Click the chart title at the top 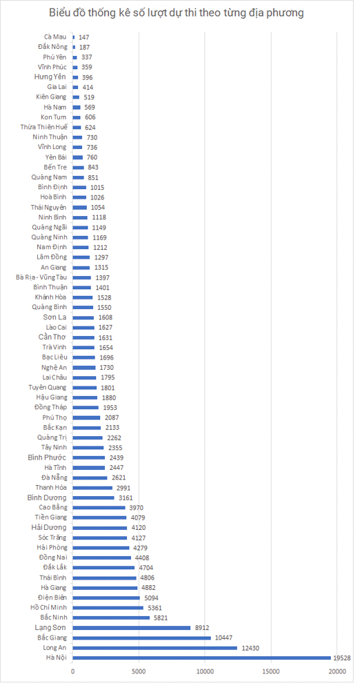(176, 13)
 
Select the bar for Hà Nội (201, 658)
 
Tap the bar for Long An (155, 648)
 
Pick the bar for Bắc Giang (141, 638)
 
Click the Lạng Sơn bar (132, 627)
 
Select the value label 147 (83, 37)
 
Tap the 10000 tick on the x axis (205, 671)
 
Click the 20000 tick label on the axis (337, 671)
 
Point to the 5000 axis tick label (139, 671)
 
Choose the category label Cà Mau (55, 37)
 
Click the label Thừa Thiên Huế (44, 127)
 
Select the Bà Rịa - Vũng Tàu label (41, 277)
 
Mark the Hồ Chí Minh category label (48, 608)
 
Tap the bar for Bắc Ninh (111, 618)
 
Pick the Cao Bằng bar (99, 507)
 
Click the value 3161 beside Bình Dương (126, 497)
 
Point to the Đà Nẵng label (54, 477)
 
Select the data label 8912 (201, 627)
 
